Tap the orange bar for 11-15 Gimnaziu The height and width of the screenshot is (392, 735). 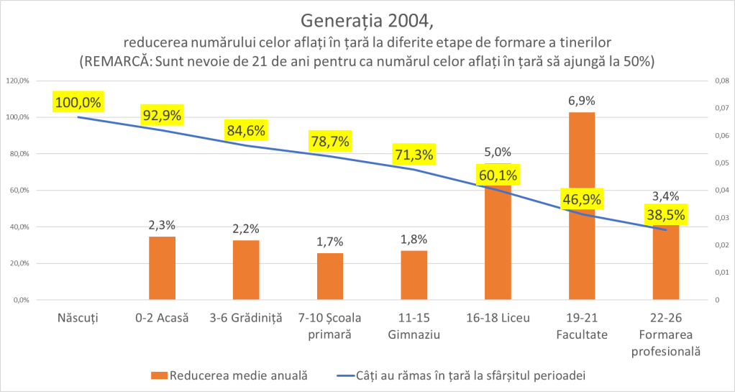[x=414, y=275]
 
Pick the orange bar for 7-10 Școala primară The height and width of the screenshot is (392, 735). [x=330, y=276]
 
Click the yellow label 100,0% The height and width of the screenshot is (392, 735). [x=78, y=102]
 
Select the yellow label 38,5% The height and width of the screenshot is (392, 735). [x=665, y=214]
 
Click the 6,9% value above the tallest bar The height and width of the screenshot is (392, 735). [x=581, y=101]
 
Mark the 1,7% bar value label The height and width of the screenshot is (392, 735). [x=330, y=242]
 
